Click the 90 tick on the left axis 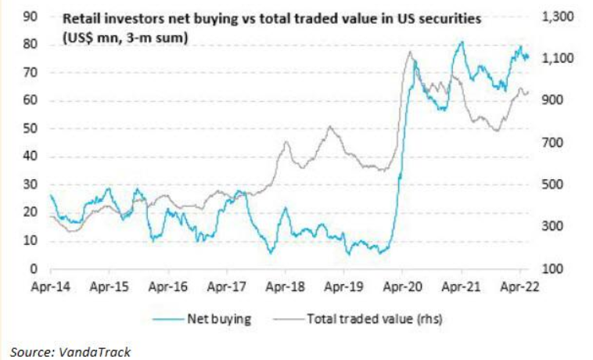34,16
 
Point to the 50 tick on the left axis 34,128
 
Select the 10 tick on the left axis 34,241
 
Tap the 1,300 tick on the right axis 556,16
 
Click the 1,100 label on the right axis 556,59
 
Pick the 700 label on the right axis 552,143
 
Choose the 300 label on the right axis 552,227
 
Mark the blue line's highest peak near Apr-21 462,42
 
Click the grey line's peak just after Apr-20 410,52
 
